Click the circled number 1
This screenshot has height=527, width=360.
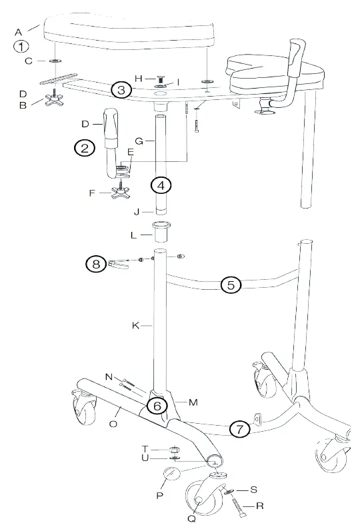[x=23, y=47]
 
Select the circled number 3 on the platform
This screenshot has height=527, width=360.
[x=120, y=90]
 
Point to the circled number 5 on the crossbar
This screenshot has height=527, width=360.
[x=231, y=285]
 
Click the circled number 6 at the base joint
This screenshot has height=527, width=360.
[x=157, y=404]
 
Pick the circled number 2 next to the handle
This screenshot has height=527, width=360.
[x=84, y=148]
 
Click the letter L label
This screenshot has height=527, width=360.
[x=133, y=235]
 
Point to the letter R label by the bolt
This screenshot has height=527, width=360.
[x=259, y=506]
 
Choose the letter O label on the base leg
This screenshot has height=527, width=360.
[x=113, y=422]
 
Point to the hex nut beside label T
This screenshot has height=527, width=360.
[x=175, y=449]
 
